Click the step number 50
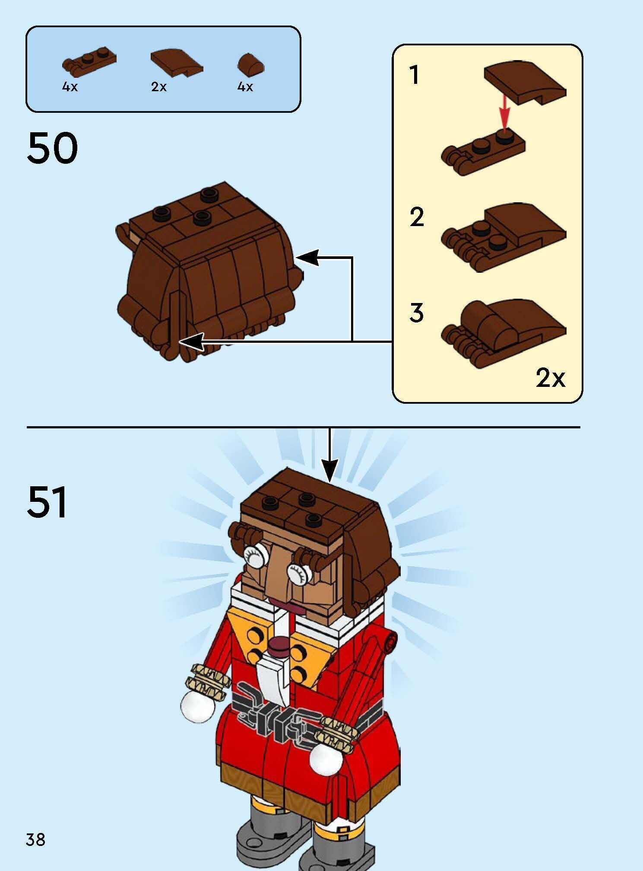coord(52,148)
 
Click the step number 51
coord(47,502)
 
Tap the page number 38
coord(35,839)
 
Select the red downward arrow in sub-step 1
coord(504,113)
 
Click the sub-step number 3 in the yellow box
coord(416,313)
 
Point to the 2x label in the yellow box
coord(550,378)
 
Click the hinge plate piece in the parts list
coord(90,61)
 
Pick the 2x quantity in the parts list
coord(158,87)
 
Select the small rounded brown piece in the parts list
coord(250,65)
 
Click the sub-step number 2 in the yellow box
coord(416,217)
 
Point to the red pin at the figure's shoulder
coord(391,641)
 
